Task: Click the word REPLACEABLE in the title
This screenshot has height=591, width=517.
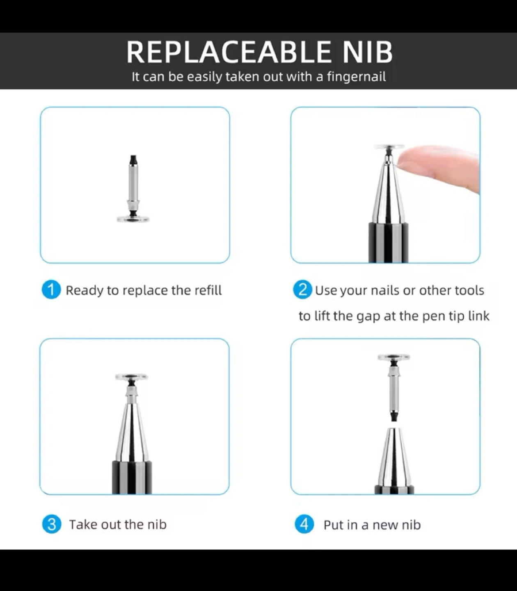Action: [229, 52]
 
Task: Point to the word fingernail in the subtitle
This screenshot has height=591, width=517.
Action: [357, 77]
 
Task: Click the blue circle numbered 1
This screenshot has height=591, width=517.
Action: [51, 289]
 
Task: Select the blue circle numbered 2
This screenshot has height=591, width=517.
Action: [302, 289]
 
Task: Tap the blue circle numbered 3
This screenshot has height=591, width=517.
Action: [52, 524]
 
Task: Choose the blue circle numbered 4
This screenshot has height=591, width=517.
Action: [304, 524]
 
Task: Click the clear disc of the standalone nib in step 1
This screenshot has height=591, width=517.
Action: [133, 219]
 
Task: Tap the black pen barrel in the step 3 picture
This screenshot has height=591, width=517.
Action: [132, 477]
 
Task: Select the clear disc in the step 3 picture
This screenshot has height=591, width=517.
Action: [131, 377]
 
